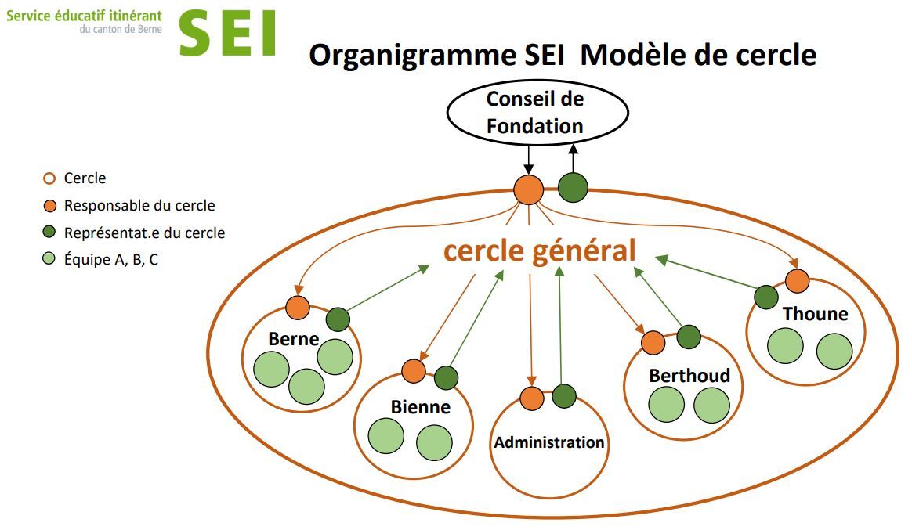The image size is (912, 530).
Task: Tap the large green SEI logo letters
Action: pyautogui.click(x=227, y=34)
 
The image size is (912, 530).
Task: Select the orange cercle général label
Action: pyautogui.click(x=539, y=251)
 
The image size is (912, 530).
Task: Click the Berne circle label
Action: pyautogui.click(x=293, y=339)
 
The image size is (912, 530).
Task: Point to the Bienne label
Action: pyautogui.click(x=420, y=407)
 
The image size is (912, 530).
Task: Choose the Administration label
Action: pyautogui.click(x=549, y=442)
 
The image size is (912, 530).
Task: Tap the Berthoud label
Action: pyautogui.click(x=689, y=376)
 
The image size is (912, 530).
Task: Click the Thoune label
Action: pyautogui.click(x=815, y=314)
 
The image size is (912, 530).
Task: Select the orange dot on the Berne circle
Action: pyautogui.click(x=298, y=308)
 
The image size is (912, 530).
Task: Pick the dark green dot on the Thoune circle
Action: pyautogui.click(x=766, y=297)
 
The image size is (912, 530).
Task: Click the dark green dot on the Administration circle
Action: pyautogui.click(x=563, y=396)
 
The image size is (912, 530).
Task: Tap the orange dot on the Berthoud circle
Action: pyautogui.click(x=653, y=343)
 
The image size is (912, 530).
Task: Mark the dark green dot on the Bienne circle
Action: pyautogui.click(x=446, y=378)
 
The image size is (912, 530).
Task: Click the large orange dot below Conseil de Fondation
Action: pyautogui.click(x=529, y=190)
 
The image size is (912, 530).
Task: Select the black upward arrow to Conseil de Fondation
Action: pyautogui.click(x=574, y=159)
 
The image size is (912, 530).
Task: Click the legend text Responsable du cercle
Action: pyautogui.click(x=139, y=206)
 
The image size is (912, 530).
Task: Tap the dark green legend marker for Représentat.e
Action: pyautogui.click(x=49, y=232)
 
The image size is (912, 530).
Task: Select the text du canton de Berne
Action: pyautogui.click(x=121, y=29)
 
